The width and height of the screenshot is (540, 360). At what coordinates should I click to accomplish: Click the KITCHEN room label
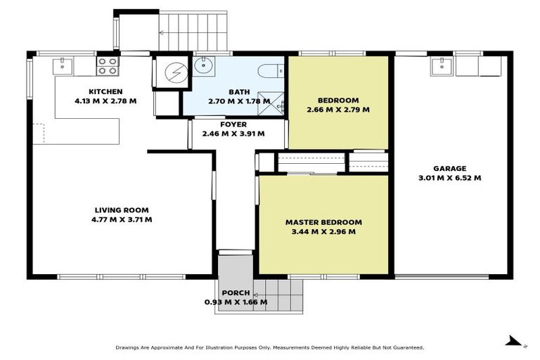tap(105, 91)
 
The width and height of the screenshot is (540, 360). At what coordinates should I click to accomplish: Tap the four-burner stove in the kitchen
tap(108, 66)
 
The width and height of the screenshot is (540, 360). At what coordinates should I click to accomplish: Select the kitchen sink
tap(64, 66)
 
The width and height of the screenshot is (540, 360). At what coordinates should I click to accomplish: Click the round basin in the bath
tap(204, 67)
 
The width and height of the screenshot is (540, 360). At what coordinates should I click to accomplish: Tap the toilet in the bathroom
tap(271, 70)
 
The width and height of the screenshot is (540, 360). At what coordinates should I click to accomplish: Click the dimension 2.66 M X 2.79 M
tap(338, 110)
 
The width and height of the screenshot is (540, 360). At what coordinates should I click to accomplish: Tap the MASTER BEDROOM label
tap(323, 222)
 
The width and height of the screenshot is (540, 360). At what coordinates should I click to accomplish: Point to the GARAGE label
tap(449, 169)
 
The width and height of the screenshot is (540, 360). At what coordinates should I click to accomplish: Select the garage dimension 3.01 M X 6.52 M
tap(449, 178)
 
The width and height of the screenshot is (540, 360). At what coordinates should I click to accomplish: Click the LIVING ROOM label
tap(122, 210)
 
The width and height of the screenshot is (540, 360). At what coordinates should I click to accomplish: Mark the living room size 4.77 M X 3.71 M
tap(122, 219)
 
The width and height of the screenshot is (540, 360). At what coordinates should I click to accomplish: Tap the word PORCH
tap(235, 292)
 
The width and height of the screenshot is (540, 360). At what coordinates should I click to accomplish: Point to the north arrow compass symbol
tap(515, 341)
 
